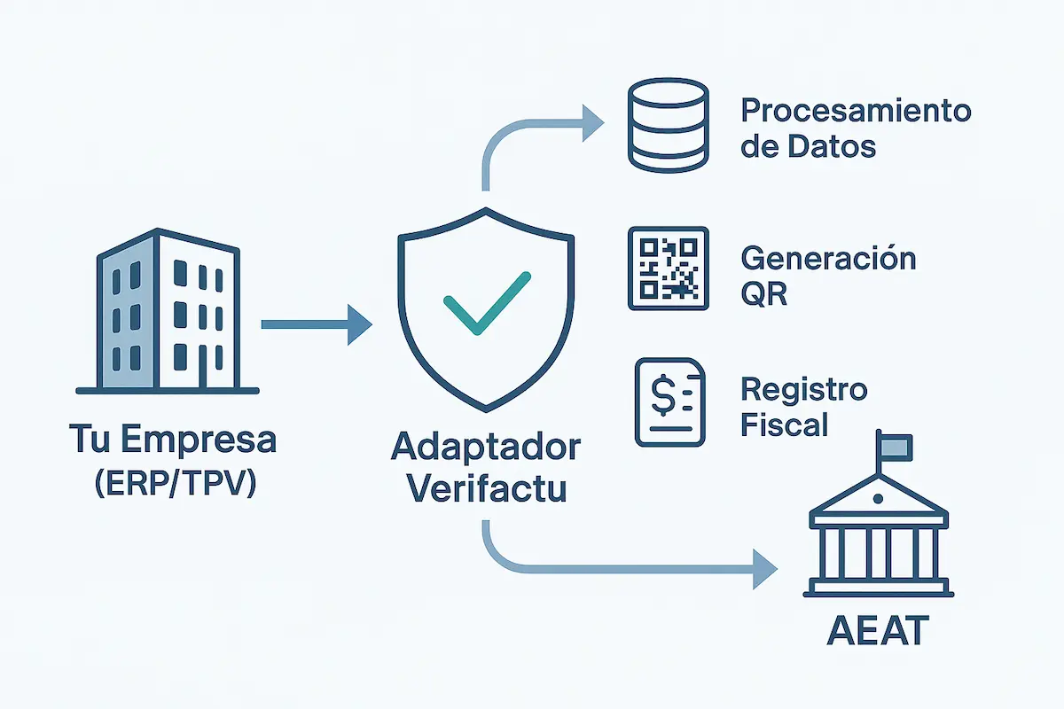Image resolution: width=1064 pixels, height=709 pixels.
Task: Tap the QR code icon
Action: click(668, 268)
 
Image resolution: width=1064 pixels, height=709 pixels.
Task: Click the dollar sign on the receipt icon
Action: click(661, 396)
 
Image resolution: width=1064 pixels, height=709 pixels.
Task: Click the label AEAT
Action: click(878, 632)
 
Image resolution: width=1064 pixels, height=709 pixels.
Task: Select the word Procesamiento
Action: click(856, 112)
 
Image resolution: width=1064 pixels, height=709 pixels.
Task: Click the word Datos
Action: click(833, 146)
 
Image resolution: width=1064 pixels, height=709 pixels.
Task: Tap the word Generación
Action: click(827, 258)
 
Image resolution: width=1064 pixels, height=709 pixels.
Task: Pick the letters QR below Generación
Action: click(764, 292)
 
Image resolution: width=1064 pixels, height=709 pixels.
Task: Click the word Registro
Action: click(803, 389)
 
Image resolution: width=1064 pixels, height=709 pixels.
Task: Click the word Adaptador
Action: click(485, 448)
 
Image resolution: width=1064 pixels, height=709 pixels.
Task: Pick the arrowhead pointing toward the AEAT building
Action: click(763, 569)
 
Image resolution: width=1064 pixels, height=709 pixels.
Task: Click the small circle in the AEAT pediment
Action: click(878, 499)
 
